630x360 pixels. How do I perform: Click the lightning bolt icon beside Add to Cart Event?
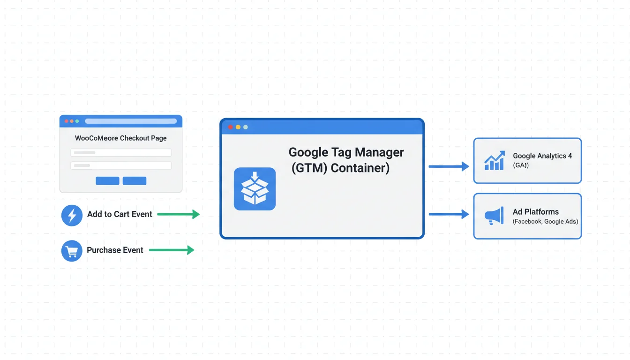pos(72,215)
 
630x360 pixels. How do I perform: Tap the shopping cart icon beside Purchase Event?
pos(72,251)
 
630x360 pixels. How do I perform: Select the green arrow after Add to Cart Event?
pos(179,214)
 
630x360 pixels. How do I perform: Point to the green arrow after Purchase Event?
pos(172,250)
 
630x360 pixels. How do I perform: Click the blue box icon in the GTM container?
pos(255,189)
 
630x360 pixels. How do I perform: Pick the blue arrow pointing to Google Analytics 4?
pos(449,166)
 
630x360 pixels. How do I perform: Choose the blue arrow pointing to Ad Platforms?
pos(449,214)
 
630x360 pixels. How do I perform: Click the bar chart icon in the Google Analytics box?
pos(494,160)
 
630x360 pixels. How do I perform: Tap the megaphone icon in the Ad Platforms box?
pos(494,216)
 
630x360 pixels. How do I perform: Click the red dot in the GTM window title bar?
pos(230,127)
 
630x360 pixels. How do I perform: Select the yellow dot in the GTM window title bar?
pos(238,127)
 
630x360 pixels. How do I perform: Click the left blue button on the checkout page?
pos(107,181)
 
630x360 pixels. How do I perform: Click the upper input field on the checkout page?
pos(121,152)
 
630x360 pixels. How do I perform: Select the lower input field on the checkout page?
pos(121,165)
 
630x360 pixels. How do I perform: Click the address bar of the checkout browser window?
pos(131,121)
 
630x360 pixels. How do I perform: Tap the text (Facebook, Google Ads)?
pos(545,222)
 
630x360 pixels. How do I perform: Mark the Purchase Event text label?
pos(115,250)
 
